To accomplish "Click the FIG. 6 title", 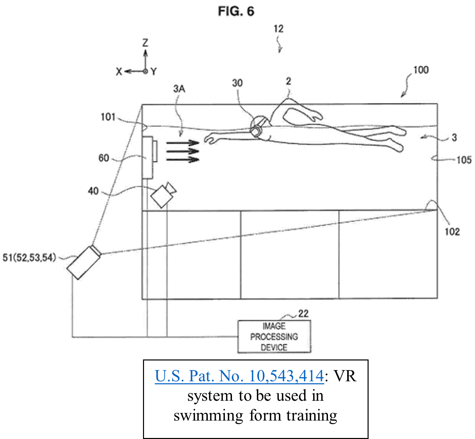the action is tap(236, 11).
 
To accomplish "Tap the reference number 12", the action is tap(278, 29).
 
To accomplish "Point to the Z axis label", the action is tap(145, 43).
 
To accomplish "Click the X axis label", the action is tap(119, 71).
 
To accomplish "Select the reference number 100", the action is tap(421, 70).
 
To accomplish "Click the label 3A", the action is tap(179, 89).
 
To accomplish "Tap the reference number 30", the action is tap(237, 83).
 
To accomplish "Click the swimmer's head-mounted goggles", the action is tap(258, 126).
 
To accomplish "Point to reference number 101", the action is tap(108, 117).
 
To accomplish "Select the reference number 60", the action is tap(104, 158).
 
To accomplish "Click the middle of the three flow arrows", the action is tap(183, 151).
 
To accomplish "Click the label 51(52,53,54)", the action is tap(29, 258).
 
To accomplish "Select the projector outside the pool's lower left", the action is tap(84, 262).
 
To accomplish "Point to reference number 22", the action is tap(303, 313).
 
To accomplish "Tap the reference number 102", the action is tap(452, 232).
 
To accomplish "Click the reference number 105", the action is tap(464, 160).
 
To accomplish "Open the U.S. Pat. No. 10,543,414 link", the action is tap(239, 376).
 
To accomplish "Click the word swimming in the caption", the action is tap(208, 416).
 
